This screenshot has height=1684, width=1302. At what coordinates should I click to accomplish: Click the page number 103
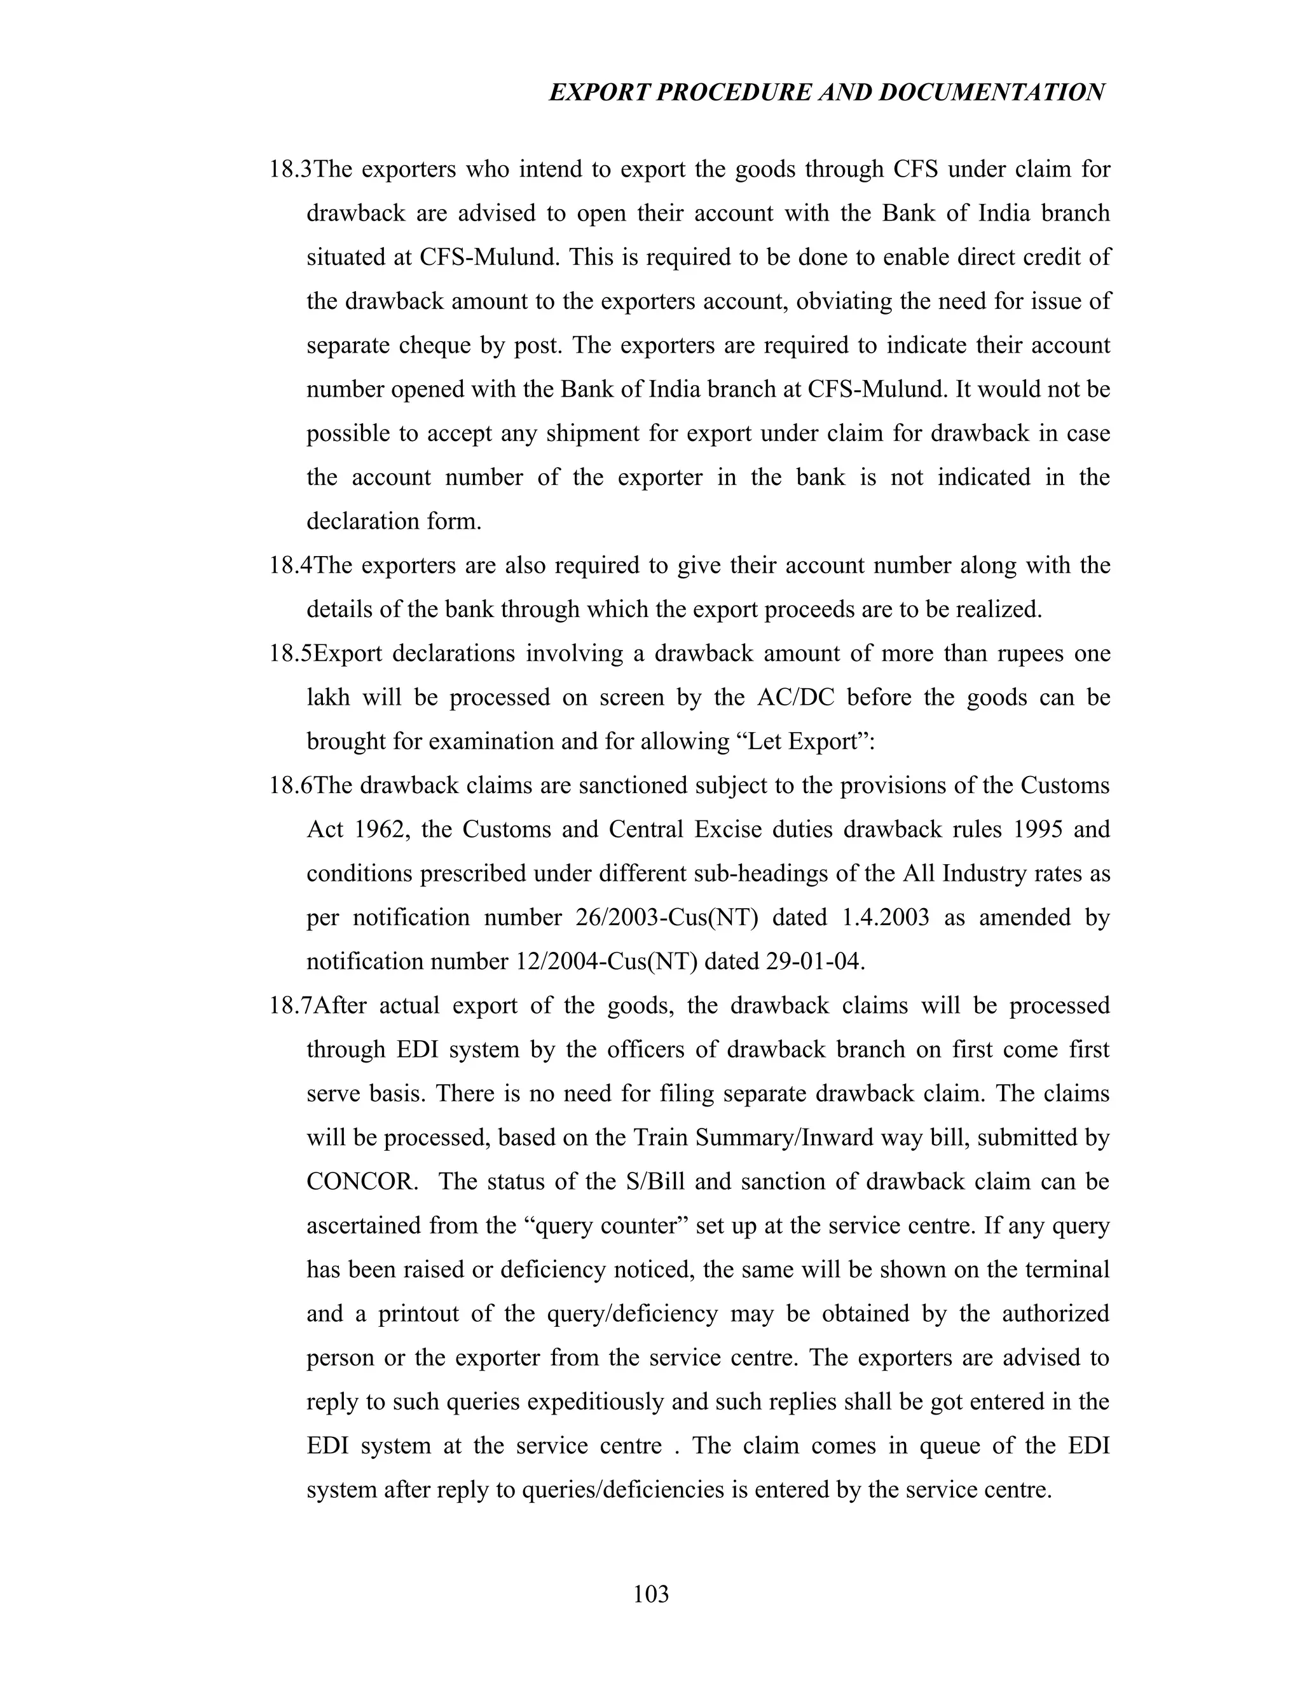click(650, 1593)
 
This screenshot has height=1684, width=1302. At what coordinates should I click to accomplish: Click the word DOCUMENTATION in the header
click(991, 93)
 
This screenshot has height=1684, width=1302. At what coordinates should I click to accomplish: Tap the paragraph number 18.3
click(291, 169)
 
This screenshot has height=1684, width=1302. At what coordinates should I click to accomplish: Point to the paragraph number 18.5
click(291, 653)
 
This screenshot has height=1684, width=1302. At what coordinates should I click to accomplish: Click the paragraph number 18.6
click(291, 785)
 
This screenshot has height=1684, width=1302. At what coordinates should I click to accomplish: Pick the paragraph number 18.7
click(291, 1005)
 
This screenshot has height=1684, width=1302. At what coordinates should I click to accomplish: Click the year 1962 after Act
click(381, 830)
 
